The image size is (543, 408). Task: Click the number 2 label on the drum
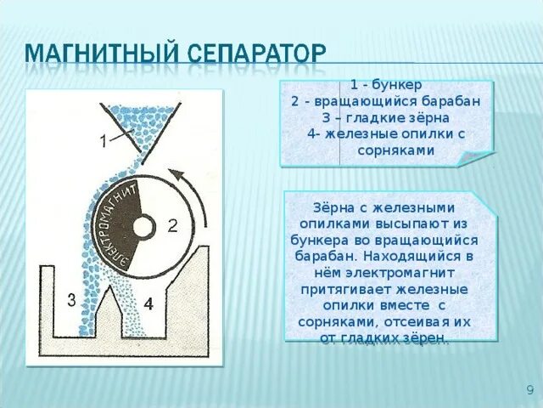[172, 225]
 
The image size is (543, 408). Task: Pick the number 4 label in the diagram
[148, 303]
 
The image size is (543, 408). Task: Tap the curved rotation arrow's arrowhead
[176, 173]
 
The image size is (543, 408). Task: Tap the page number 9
[529, 390]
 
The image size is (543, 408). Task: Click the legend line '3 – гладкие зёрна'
[385, 117]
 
